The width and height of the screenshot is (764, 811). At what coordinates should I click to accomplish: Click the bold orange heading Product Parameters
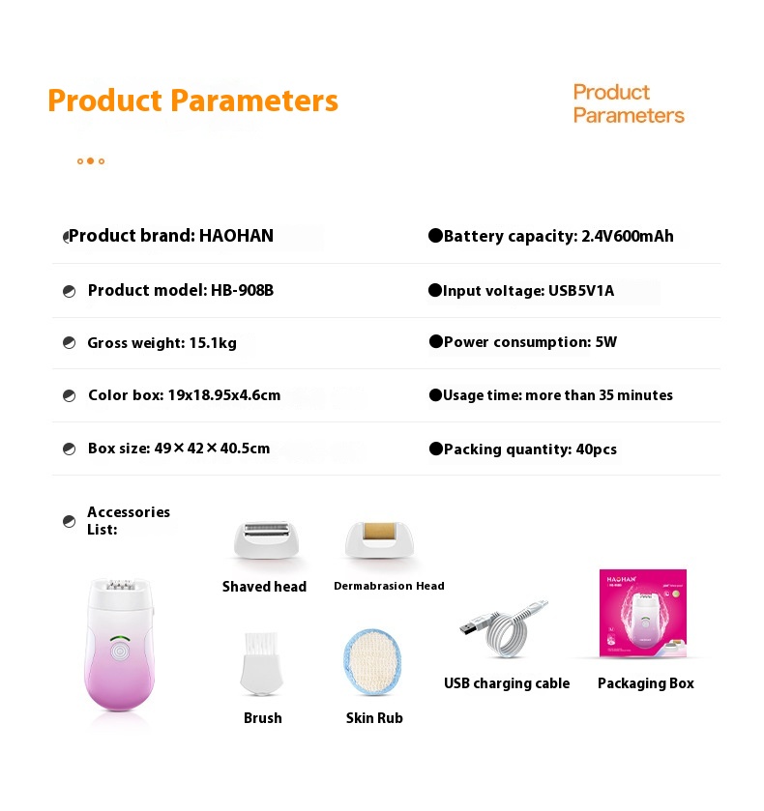pos(192,101)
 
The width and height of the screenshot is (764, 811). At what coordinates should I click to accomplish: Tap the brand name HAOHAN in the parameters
pos(236,236)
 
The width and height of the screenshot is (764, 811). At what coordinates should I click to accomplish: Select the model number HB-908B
pos(242,290)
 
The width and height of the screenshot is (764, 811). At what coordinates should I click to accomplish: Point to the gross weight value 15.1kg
pos(213,343)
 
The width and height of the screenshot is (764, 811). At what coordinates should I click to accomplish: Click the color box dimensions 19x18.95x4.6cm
pos(224,395)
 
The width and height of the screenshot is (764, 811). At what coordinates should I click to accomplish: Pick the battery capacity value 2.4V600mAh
pos(628,237)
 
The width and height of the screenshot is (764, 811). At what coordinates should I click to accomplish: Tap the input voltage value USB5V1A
pos(581,291)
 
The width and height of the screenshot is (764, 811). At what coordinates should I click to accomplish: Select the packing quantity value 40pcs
pos(597,449)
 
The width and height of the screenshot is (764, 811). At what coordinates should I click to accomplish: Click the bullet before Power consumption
pos(436,341)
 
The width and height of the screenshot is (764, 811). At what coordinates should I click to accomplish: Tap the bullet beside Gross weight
pos(69,343)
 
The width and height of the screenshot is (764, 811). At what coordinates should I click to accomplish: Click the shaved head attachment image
pos(266,539)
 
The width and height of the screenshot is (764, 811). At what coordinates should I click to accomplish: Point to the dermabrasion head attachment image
pos(379,539)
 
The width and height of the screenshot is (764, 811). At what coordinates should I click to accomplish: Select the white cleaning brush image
pos(262,663)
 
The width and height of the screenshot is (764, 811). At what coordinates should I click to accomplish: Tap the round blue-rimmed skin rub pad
pos(372,662)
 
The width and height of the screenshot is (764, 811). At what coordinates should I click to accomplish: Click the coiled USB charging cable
pos(504,628)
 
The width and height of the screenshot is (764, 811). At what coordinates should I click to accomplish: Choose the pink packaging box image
pos(643,614)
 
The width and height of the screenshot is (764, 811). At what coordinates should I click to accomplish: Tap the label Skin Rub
pos(374,718)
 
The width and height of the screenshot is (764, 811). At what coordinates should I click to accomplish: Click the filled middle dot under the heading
pos(90,160)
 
